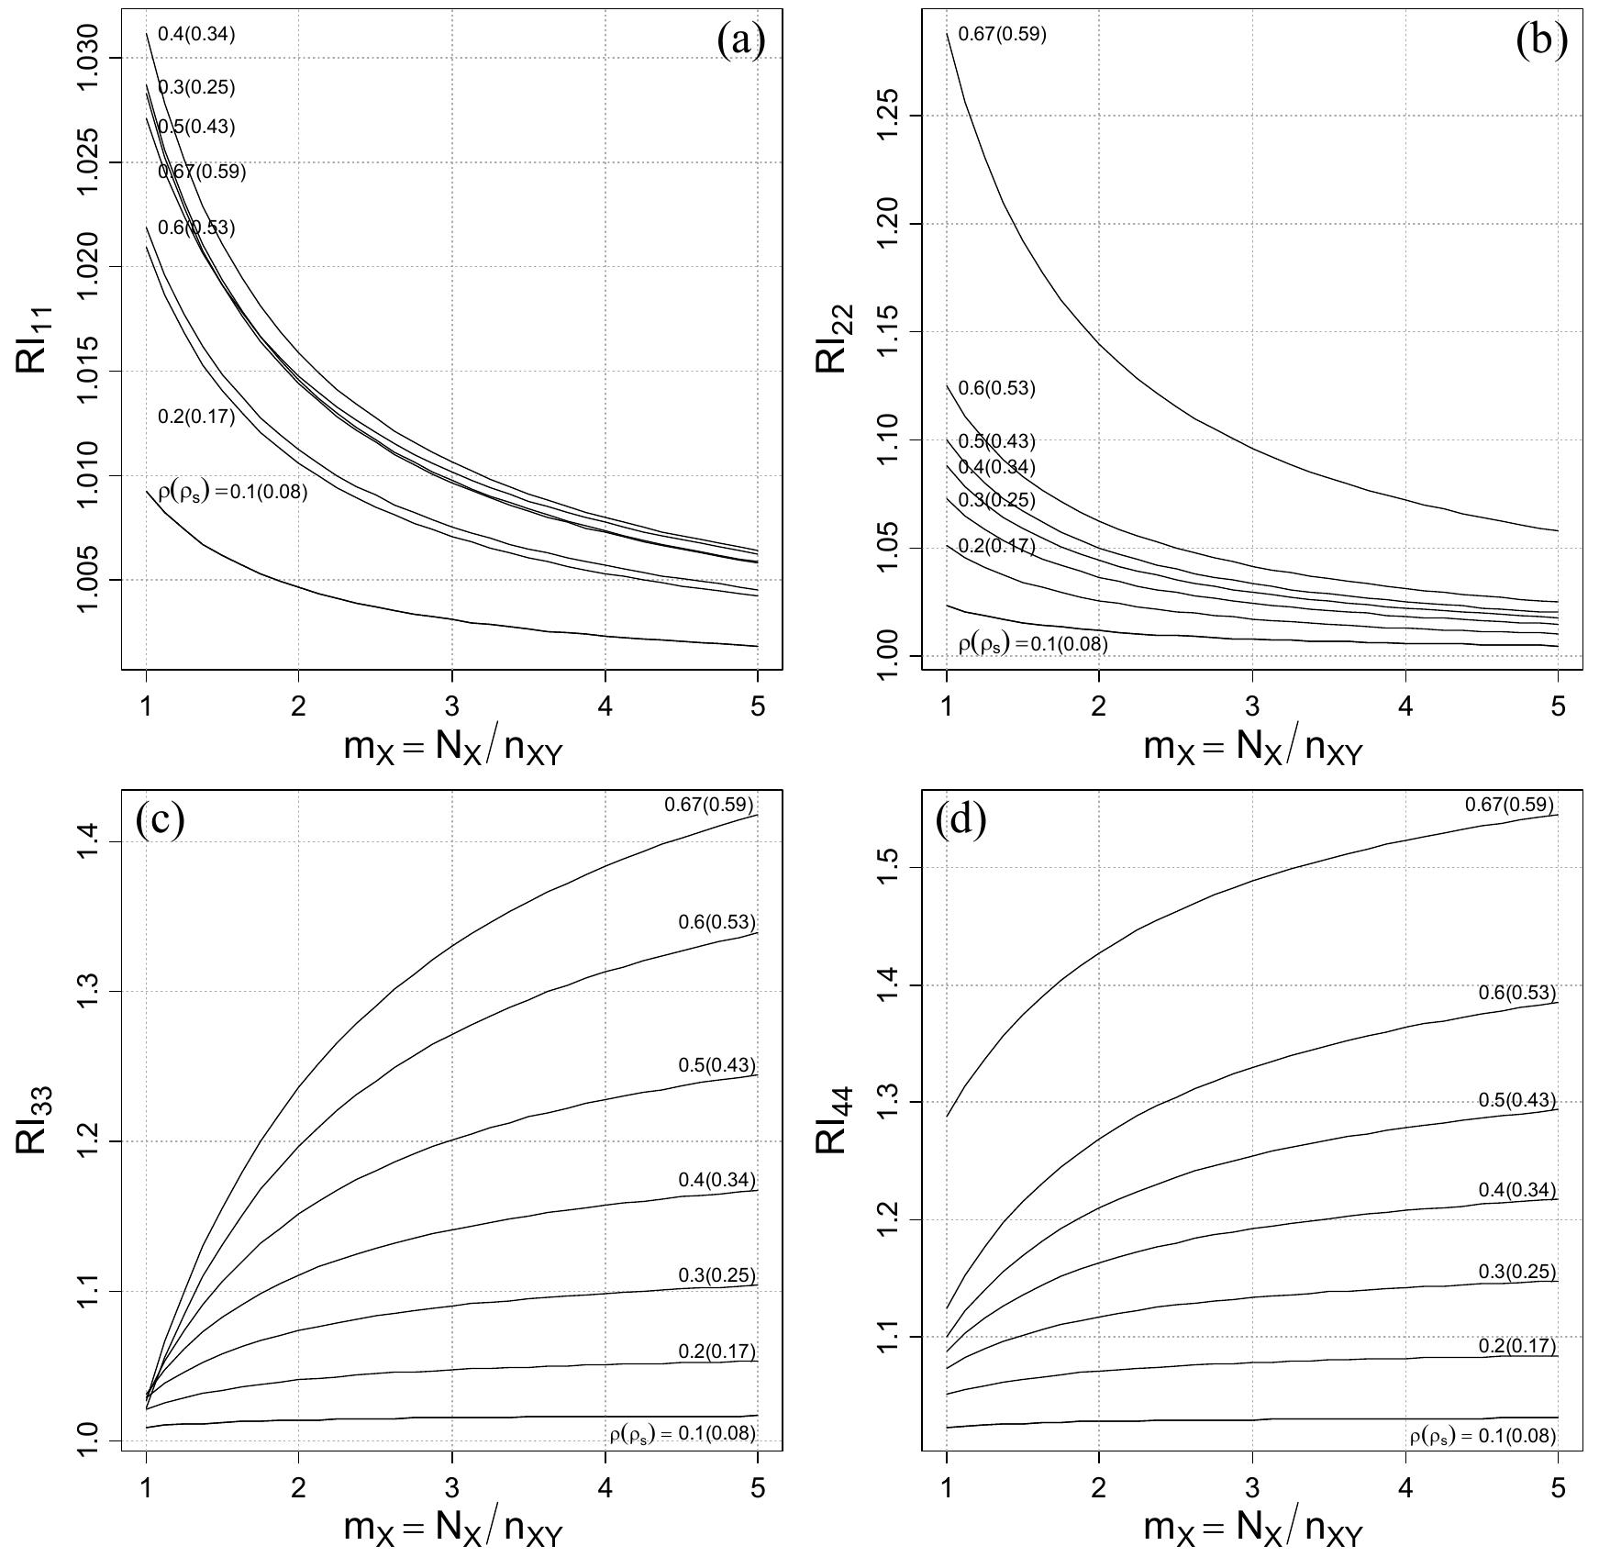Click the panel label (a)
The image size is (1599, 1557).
point(741,41)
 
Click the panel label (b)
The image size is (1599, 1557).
point(1542,41)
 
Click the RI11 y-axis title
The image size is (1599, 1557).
point(34,339)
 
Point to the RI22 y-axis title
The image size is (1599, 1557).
point(834,339)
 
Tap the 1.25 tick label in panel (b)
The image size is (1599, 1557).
point(891,116)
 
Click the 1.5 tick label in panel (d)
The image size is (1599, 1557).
point(891,868)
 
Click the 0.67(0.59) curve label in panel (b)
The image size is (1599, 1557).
point(1002,35)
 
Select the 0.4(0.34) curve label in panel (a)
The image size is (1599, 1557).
point(196,35)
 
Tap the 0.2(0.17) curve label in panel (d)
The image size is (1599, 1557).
point(1517,1346)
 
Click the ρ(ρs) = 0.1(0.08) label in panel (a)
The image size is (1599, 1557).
point(233,492)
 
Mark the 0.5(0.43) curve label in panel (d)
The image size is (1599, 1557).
point(1517,1100)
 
